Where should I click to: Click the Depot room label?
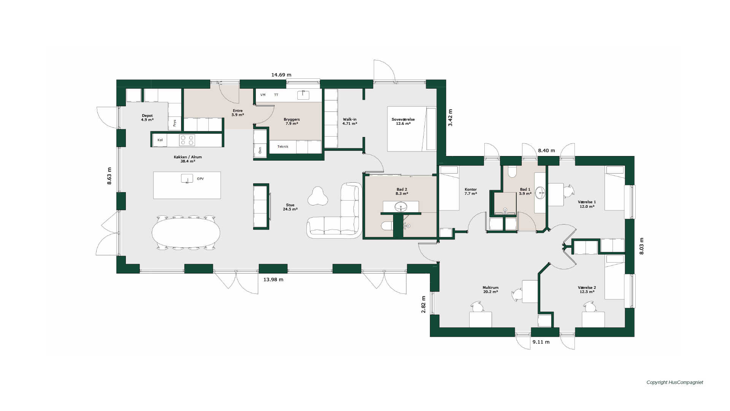[x=147, y=116]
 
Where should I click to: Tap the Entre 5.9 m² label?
[x=238, y=113]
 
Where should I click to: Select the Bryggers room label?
[x=292, y=119]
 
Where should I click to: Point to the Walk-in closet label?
[x=350, y=119]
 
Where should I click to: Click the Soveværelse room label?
[x=403, y=119]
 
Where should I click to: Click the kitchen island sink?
[x=187, y=178]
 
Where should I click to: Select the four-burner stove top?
[x=187, y=140]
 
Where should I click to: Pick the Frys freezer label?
[x=175, y=123]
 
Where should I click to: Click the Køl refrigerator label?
[x=160, y=140]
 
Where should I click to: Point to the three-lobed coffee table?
[x=317, y=196]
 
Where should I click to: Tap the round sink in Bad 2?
[x=401, y=207]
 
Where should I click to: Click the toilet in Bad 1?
[x=512, y=171]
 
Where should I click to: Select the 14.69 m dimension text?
[x=281, y=75]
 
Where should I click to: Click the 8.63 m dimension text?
[x=109, y=176]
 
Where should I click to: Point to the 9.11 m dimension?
[x=541, y=342]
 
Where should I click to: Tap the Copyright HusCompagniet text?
[x=675, y=382]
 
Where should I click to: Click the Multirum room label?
[x=490, y=288]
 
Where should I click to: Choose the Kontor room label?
[x=471, y=190]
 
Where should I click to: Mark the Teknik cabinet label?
[x=283, y=147]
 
